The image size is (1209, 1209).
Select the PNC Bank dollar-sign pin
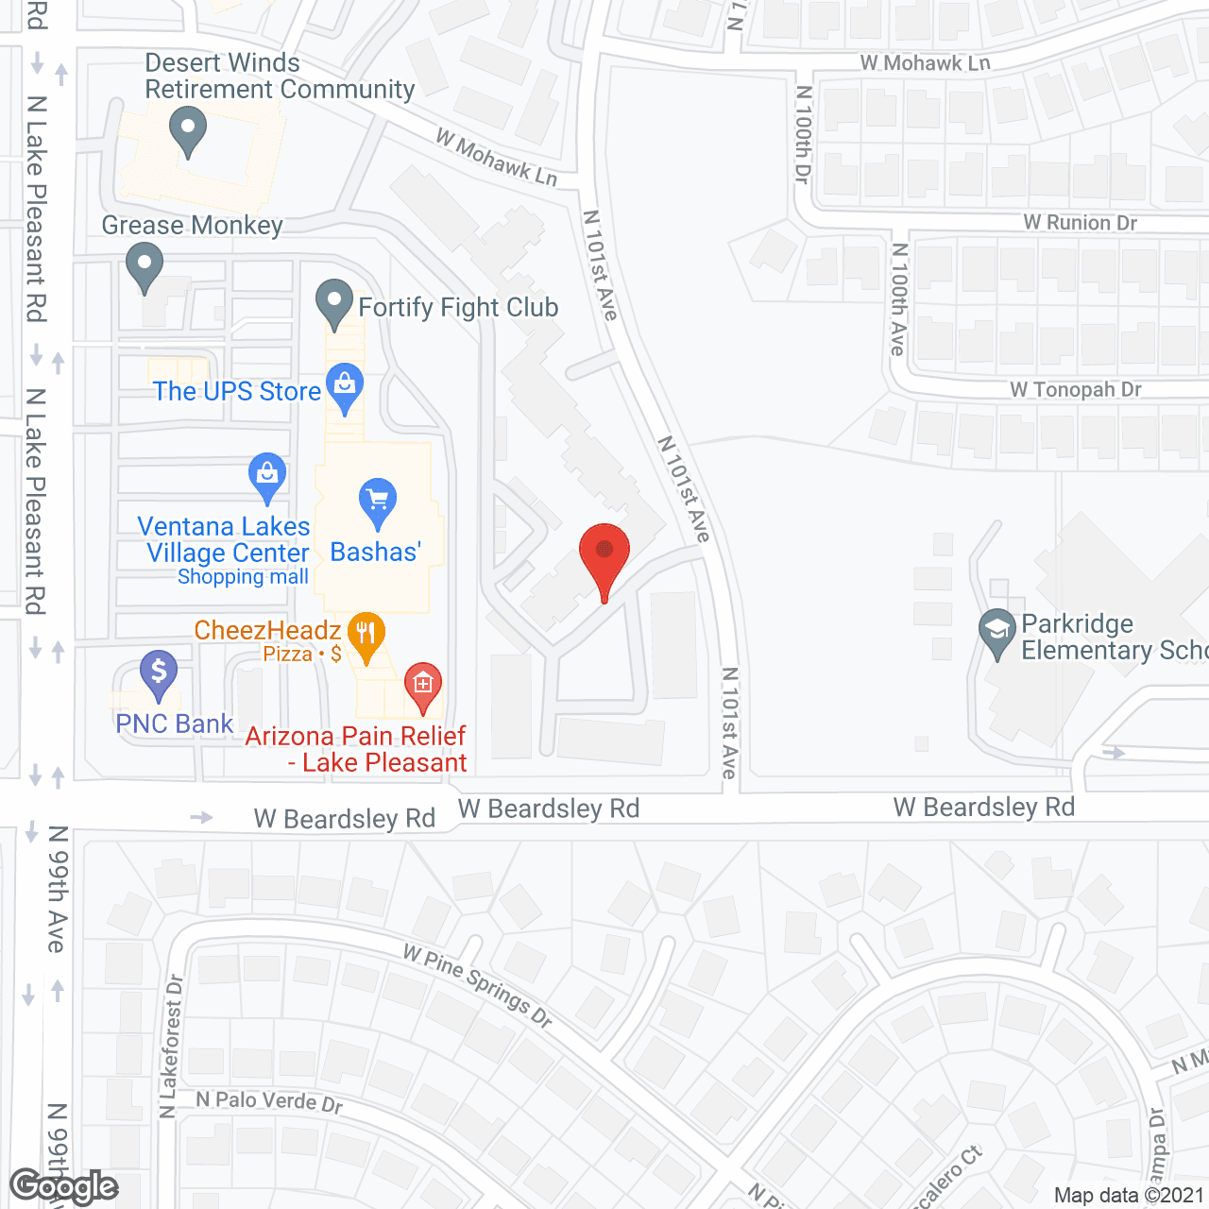159,673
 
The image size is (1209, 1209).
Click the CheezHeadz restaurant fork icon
366,633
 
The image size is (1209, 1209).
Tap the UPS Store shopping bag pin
345,385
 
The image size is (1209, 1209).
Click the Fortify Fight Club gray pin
333,302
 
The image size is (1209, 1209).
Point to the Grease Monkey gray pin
144,265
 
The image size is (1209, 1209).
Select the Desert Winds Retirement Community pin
187,129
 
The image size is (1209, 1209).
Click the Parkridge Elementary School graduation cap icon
996,630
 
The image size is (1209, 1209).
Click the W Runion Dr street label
1081,223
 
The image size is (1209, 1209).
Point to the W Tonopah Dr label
1076,389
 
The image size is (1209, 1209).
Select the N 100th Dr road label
804,134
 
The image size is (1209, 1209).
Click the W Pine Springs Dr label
477,984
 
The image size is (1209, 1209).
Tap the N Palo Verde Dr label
269,1101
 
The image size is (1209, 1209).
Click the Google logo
64,1186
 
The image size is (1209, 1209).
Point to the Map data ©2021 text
1129,1195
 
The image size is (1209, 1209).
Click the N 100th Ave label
899,299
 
